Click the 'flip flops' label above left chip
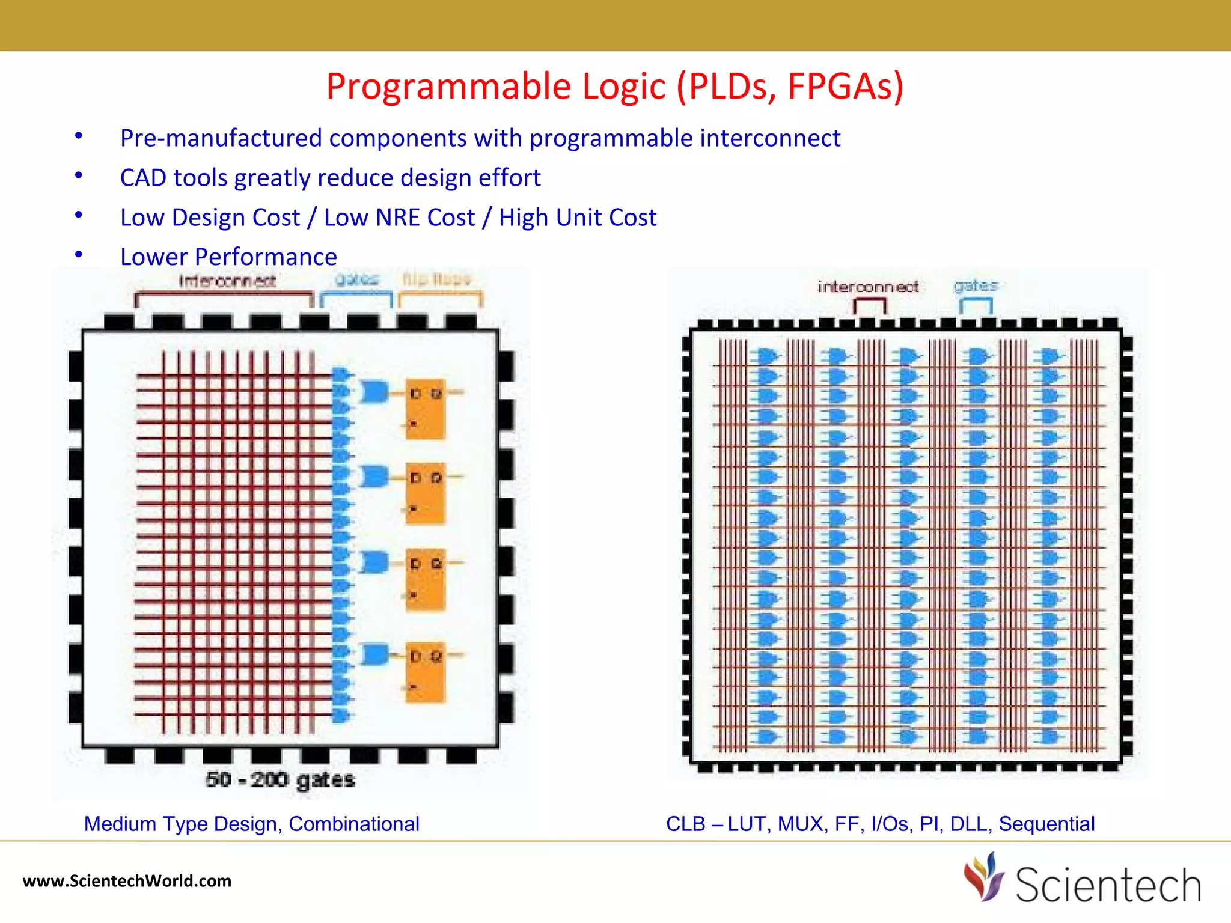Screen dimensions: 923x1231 tap(437, 279)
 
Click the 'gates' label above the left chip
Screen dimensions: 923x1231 tap(356, 279)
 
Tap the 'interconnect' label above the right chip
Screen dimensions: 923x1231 tap(868, 287)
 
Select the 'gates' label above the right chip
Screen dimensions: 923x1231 tap(975, 285)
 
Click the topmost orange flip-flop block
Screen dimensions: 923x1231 tap(426, 409)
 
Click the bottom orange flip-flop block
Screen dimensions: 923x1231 tap(426, 672)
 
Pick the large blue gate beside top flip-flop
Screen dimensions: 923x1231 tap(374, 392)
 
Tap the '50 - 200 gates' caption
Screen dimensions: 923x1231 tap(280, 779)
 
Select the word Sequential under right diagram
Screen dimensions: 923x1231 tap(1046, 824)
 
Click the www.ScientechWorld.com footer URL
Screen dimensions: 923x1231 tap(127, 881)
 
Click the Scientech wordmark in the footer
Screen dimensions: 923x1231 tap(1108, 885)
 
